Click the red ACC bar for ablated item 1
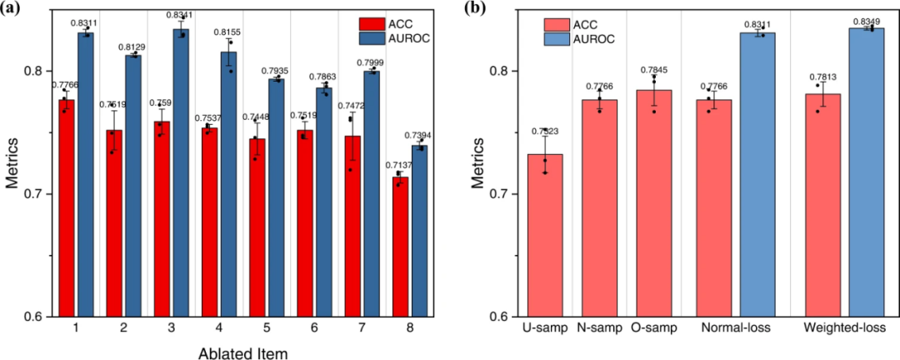67,208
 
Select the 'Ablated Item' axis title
243,353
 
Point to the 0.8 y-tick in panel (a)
38,71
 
